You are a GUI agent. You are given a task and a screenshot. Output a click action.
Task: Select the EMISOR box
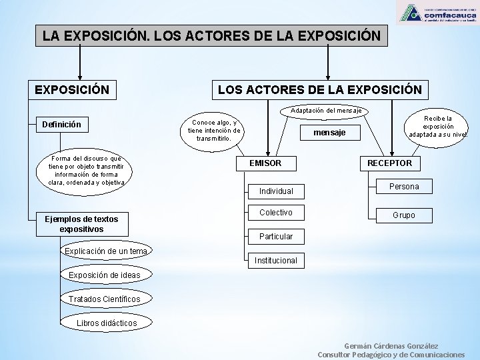[265, 163]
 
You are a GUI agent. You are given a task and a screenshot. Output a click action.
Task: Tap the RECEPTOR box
[390, 163]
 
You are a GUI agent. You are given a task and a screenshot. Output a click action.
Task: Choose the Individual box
[276, 191]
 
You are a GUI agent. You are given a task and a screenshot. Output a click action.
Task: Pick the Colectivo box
[276, 213]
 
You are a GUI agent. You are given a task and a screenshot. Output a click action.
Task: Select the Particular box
[276, 237]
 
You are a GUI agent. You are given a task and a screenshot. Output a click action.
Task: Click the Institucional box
[276, 261]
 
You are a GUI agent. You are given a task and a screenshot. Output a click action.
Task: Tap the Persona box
[404, 187]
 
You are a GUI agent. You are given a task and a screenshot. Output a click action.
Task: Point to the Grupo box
[404, 215]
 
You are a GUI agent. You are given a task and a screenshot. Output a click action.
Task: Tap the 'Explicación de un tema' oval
[107, 251]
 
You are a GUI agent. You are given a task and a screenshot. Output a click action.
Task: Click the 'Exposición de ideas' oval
[104, 275]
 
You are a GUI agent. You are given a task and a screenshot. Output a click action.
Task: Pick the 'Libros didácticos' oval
[106, 323]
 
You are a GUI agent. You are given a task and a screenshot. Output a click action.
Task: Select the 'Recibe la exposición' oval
[438, 127]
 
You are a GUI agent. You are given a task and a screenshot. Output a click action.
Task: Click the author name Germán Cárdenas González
[391, 345]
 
